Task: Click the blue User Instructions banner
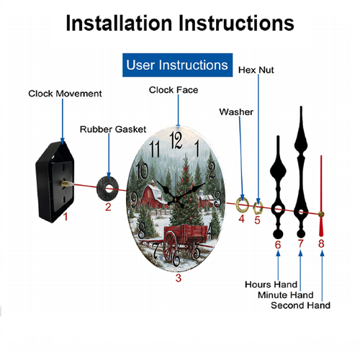[x=177, y=65]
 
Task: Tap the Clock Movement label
[x=65, y=94]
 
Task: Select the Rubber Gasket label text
[x=113, y=130]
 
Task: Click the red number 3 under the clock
[x=179, y=278]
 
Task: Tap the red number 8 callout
[x=321, y=243]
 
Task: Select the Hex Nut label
[x=256, y=70]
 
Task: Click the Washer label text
[x=236, y=112]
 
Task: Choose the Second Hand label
[x=300, y=305]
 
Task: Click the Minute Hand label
[x=286, y=295]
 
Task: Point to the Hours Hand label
[x=271, y=284]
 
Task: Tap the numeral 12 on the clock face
[x=176, y=140]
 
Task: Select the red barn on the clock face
[x=153, y=197]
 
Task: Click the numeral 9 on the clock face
[x=134, y=199]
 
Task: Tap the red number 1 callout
[x=66, y=217]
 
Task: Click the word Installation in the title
[x=119, y=23]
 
